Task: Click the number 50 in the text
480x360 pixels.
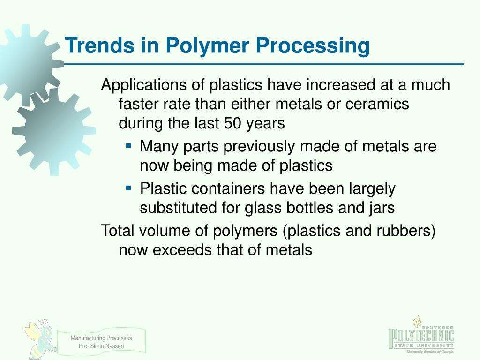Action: point(232,123)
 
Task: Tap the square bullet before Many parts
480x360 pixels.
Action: point(128,146)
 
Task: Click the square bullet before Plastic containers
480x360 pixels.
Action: point(128,188)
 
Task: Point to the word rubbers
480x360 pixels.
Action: point(405,231)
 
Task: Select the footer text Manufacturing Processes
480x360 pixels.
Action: point(101,338)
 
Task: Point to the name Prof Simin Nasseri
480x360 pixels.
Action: point(101,346)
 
